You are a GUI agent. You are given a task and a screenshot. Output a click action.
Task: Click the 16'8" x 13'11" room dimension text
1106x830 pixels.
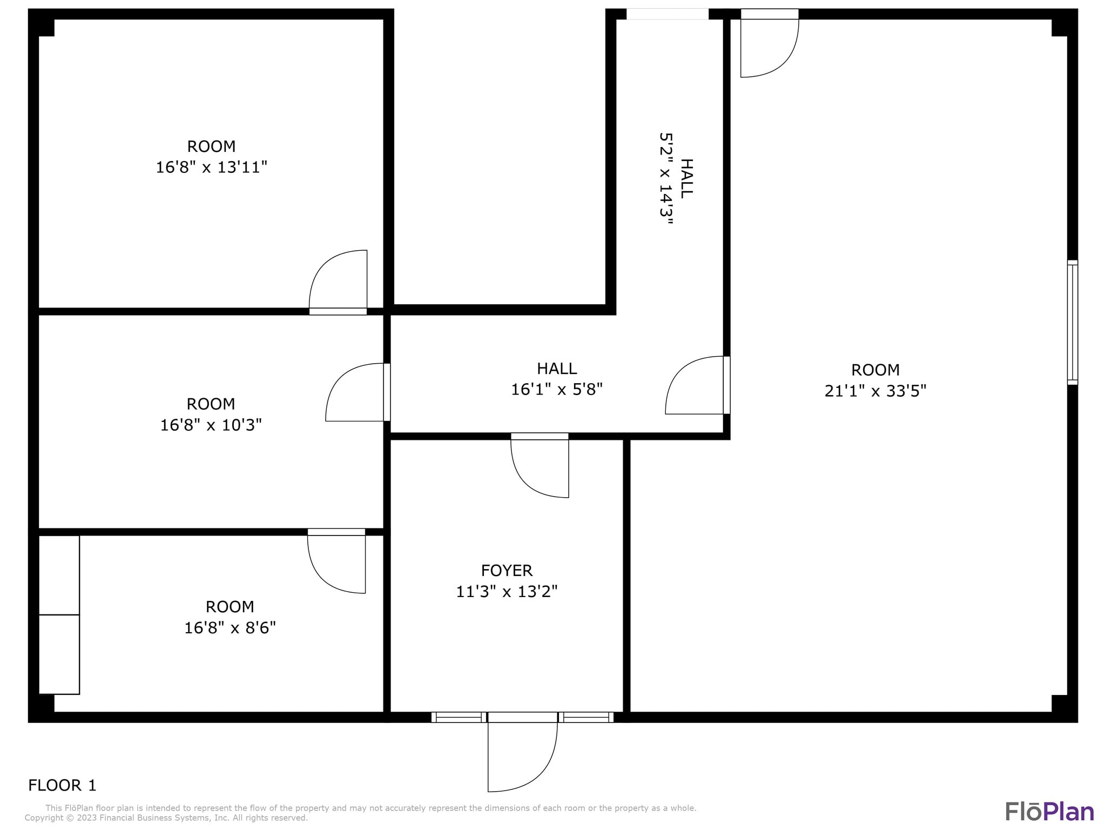pos(211,168)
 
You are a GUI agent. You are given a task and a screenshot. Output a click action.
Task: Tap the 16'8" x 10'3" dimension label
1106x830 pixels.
pos(211,425)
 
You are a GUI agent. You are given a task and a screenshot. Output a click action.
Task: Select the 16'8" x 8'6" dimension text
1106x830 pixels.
pos(230,628)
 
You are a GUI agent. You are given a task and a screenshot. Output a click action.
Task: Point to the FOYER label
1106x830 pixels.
pos(507,571)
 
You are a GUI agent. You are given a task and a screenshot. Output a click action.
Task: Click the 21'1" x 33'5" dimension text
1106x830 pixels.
pos(875,391)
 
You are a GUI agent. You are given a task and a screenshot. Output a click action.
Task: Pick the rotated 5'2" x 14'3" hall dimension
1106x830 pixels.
pos(666,175)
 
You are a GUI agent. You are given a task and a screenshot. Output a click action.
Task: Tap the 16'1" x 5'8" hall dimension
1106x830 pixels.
pos(557,389)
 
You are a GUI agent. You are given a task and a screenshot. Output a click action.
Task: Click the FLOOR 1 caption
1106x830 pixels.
pos(62,785)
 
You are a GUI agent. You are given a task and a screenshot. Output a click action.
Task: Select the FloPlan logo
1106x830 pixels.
pos(1049,811)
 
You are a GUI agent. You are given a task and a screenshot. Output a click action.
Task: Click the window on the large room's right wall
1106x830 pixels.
pos(1073,323)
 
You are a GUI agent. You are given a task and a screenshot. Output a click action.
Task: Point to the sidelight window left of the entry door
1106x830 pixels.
pos(458,717)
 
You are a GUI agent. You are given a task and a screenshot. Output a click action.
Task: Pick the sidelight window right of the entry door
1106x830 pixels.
pos(585,717)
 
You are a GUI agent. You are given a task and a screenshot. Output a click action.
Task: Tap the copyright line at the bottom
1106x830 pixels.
pos(166,818)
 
